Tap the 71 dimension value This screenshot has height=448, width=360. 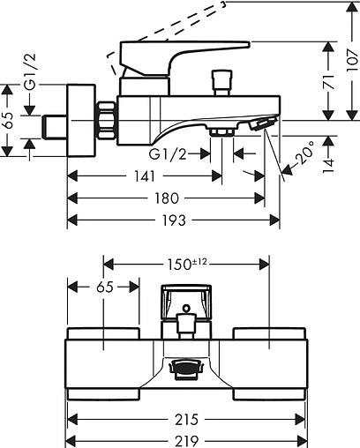point(329,82)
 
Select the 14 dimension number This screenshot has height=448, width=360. point(329,166)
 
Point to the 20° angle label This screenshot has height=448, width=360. point(304,153)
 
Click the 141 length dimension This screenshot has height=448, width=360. point(145,176)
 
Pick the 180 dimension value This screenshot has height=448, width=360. point(167,198)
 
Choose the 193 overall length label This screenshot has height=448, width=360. point(174,220)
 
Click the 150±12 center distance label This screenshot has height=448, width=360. point(187,264)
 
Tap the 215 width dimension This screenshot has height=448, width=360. point(186,420)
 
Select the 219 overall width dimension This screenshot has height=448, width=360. point(187,441)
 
